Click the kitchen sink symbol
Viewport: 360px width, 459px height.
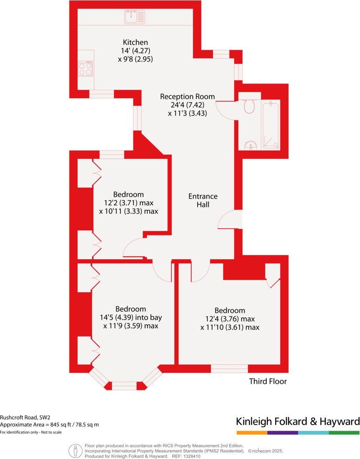(135, 17)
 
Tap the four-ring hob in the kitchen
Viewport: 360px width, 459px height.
(85, 69)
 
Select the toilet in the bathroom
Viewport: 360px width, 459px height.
(250, 107)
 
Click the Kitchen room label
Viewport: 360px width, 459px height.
(135, 42)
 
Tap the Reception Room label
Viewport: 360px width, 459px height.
(187, 97)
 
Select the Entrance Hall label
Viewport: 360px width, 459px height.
(203, 200)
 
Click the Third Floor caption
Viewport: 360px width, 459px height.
(268, 381)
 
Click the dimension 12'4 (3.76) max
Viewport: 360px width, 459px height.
(230, 319)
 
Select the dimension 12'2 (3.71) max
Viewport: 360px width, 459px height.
(128, 203)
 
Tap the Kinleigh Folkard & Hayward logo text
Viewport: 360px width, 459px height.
(298, 421)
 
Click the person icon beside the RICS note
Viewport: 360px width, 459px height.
(75, 451)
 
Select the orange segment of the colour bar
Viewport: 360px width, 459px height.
(252, 433)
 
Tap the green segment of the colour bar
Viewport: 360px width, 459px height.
(344, 433)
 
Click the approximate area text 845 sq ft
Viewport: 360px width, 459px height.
(62, 425)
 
